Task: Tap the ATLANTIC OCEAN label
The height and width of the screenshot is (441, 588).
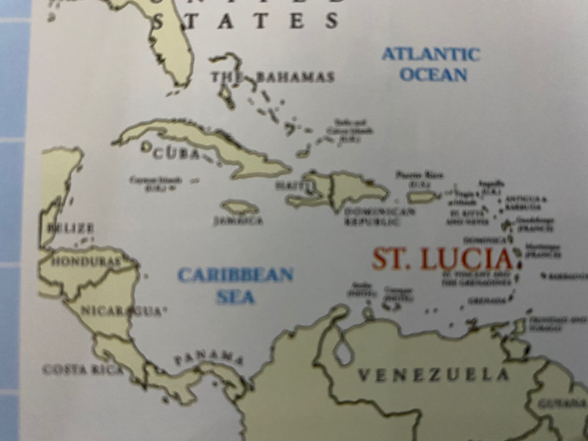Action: (x=431, y=64)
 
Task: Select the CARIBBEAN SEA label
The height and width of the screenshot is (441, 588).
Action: (x=235, y=285)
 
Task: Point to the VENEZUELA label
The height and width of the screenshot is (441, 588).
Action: (x=434, y=375)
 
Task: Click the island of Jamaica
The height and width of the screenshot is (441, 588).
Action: (x=240, y=207)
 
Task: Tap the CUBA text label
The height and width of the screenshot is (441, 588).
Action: (x=173, y=153)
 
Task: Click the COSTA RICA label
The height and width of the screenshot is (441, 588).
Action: (x=83, y=369)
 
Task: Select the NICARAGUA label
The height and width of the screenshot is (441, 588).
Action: (x=121, y=310)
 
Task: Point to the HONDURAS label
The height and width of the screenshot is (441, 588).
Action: (x=86, y=261)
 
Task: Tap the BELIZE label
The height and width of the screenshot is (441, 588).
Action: (x=71, y=228)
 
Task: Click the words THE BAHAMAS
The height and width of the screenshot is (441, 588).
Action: (x=273, y=77)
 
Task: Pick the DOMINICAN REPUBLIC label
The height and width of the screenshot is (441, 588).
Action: (x=372, y=216)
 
